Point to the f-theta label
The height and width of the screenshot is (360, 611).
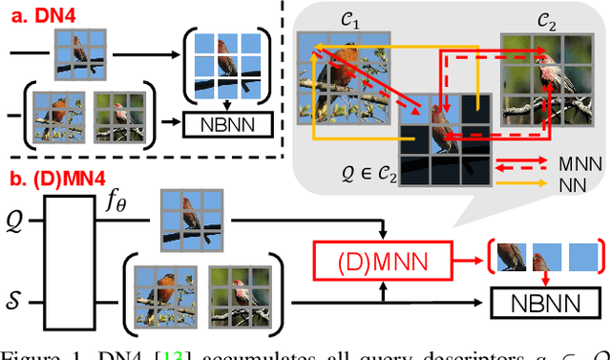coord(115,203)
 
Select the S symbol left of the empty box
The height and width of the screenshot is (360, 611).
coord(12,303)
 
